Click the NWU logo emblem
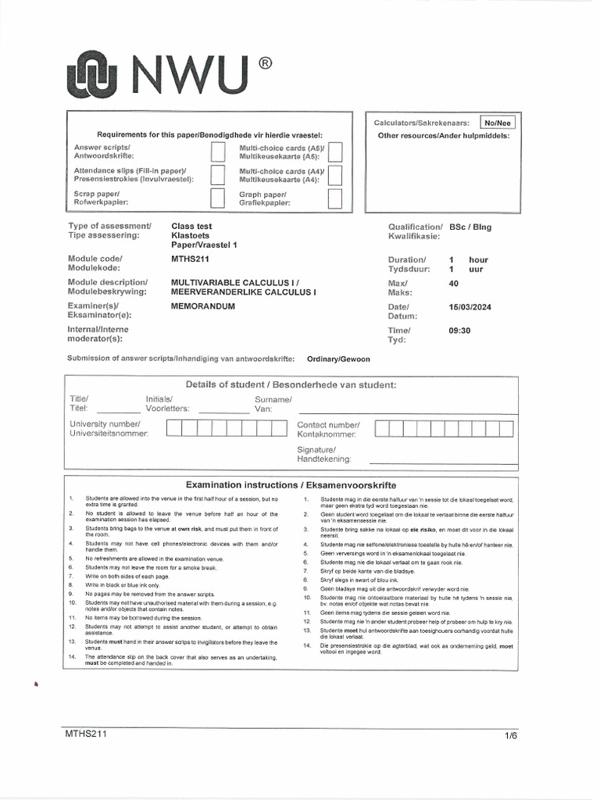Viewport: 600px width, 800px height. point(97,76)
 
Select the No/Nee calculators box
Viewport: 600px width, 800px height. point(497,123)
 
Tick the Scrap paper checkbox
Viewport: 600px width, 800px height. point(218,198)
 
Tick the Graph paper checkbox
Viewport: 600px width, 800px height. point(335,198)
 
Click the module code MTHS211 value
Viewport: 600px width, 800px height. point(190,259)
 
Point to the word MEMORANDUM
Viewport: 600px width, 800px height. point(203,307)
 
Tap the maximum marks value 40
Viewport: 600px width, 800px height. point(454,283)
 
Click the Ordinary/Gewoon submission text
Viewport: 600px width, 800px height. point(339,359)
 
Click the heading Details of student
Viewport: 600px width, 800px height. point(291,384)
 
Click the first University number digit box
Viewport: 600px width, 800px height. point(173,427)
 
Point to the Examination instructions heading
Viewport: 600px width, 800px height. point(291,484)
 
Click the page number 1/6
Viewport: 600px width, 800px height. point(511,736)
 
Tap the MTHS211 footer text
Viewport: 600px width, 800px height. point(86,734)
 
